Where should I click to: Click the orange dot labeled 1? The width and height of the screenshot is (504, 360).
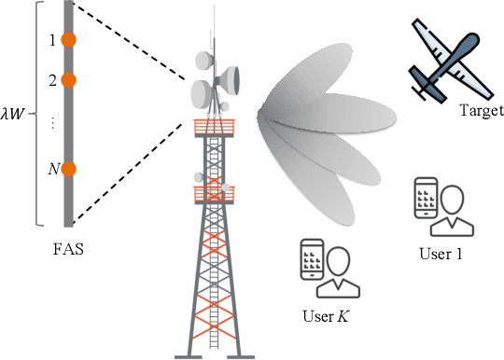pos(68,40)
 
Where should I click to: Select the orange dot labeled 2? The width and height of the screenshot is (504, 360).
pos(68,80)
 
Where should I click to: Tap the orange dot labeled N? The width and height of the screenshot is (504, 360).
pos(68,169)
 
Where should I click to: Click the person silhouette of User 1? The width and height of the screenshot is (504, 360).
pos(453,209)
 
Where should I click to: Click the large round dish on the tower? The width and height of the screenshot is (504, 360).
pos(204,91)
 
